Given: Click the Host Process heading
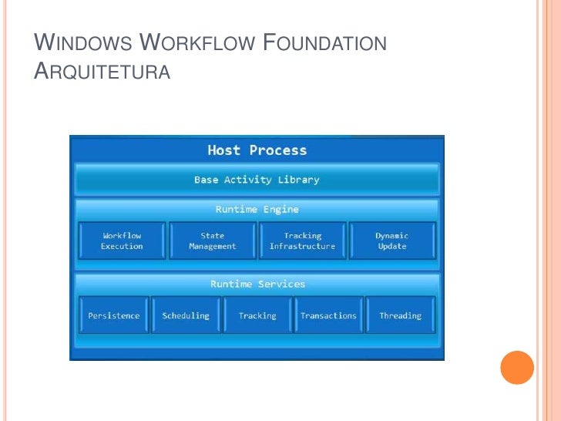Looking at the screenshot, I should coord(257,150).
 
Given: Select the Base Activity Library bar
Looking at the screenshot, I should coord(257,180).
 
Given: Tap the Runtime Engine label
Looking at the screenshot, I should coord(257,209).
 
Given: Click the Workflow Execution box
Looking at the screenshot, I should coord(122,241).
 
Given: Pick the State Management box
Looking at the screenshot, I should coord(212,241).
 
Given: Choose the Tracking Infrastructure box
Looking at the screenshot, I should coord(302,241).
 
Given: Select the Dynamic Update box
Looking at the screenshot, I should coord(391,241).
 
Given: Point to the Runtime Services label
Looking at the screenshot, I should coord(257,284).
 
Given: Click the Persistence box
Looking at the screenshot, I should coord(113,315).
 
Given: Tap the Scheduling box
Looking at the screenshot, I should coord(186,315).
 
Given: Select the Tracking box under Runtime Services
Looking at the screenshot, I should coord(257,315).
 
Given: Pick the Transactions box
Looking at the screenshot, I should coord(328,315).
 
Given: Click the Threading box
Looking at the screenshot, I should coord(400,315).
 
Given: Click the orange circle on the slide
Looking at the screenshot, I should coord(517,367).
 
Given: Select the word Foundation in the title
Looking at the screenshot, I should coord(325,43).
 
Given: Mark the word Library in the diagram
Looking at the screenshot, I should coord(298,180).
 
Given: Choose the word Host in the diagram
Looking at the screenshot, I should coord(224,150).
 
